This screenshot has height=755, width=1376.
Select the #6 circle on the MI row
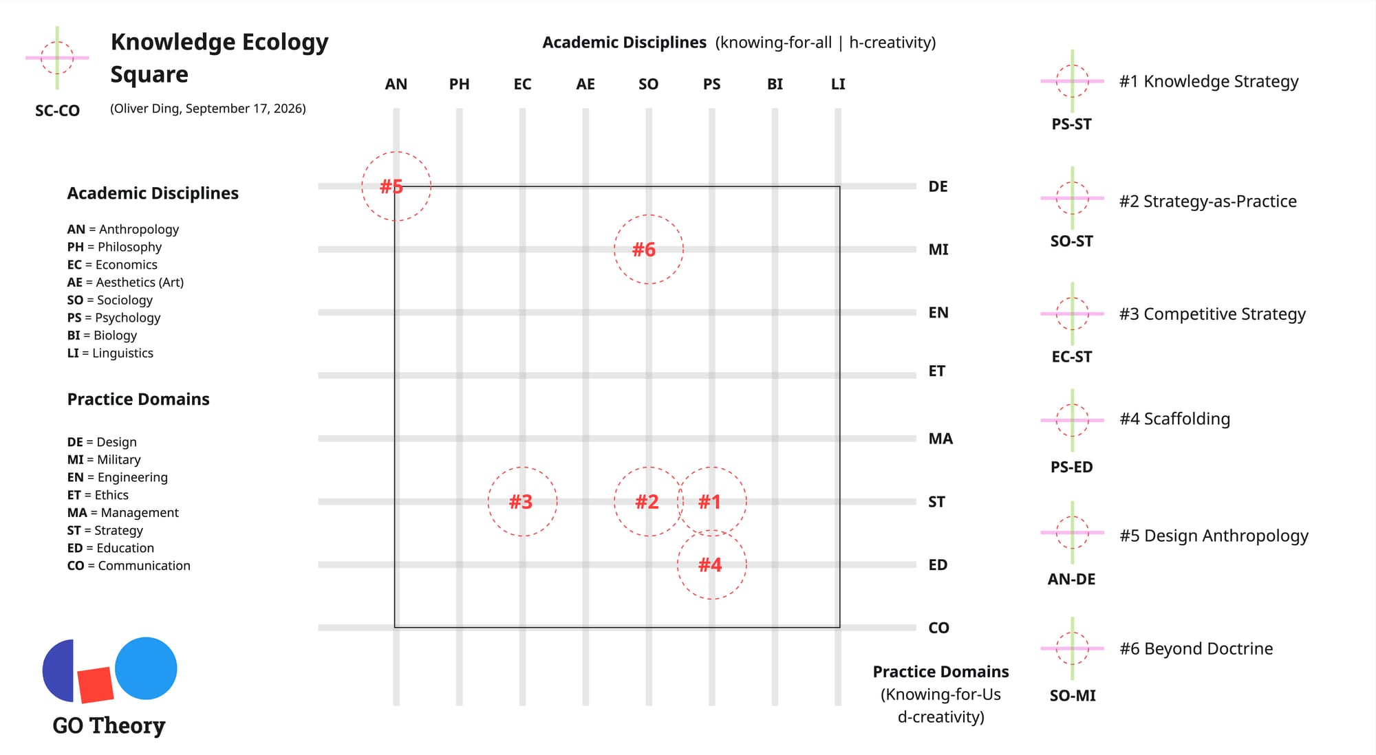[x=614, y=250]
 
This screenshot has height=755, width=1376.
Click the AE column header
[x=585, y=85]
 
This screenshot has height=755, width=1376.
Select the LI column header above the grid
[x=838, y=85]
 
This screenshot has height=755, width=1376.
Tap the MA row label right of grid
[x=940, y=439]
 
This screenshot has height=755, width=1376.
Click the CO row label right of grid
[x=938, y=628]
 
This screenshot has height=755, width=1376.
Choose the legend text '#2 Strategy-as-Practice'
[x=1207, y=201]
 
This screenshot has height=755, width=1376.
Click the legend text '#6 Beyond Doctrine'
[x=1196, y=648]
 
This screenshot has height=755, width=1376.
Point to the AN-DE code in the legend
[x=1071, y=580]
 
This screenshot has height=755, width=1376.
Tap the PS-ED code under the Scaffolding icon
[x=1071, y=468]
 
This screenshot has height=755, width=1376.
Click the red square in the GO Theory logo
[x=96, y=685]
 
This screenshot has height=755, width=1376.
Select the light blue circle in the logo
[x=146, y=668]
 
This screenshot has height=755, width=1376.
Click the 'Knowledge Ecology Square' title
[x=219, y=58]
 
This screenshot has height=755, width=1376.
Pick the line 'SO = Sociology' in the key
[x=110, y=300]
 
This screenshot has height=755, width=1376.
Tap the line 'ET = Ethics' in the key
[x=98, y=495]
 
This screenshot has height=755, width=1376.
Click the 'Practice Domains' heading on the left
[x=138, y=400]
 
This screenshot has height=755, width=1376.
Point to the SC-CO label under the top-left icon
[x=57, y=111]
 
